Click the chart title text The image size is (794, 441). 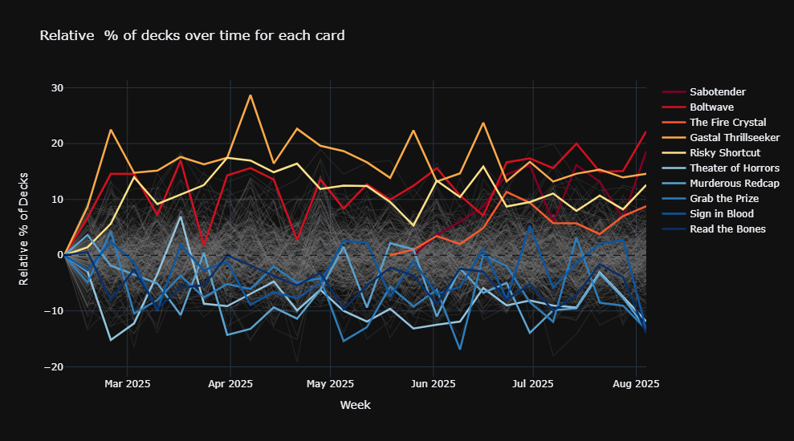pyautogui.click(x=192, y=35)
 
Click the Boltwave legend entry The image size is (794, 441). pyautogui.click(x=711, y=107)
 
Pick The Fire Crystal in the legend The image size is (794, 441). pyautogui.click(x=727, y=122)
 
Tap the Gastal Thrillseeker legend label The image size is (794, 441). pyautogui.click(x=735, y=137)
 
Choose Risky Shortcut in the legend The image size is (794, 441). pyautogui.click(x=725, y=152)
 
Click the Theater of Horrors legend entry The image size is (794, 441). pyautogui.click(x=734, y=168)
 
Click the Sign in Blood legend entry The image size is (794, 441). pyautogui.click(x=720, y=213)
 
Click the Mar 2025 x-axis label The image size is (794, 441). pyautogui.click(x=127, y=384)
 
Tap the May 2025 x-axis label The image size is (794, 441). pyautogui.click(x=330, y=384)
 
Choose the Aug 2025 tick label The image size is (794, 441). pyautogui.click(x=636, y=384)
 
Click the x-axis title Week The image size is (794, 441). pyautogui.click(x=355, y=406)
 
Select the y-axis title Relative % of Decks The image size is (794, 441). pyautogui.click(x=25, y=228)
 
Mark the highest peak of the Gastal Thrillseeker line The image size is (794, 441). pyautogui.click(x=250, y=95)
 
